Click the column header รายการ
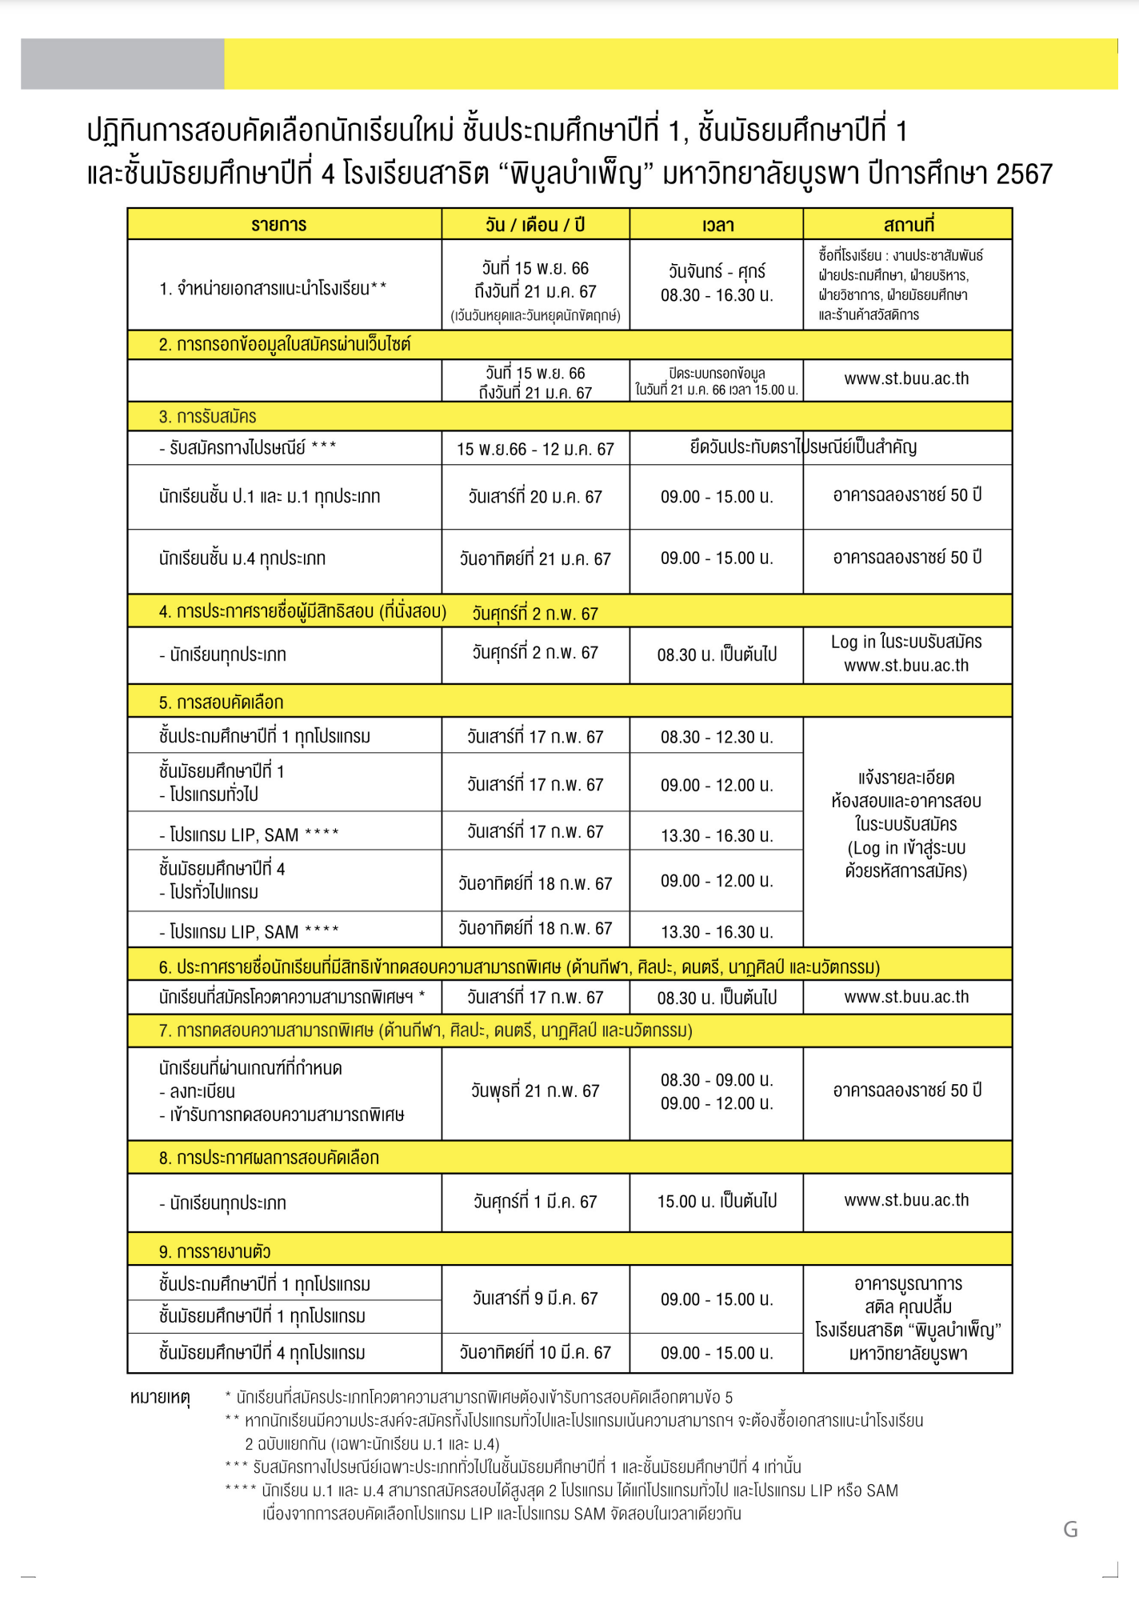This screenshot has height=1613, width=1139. [x=278, y=225]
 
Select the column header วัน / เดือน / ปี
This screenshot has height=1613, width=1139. [x=535, y=225]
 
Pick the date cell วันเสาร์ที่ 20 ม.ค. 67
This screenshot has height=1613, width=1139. [x=535, y=497]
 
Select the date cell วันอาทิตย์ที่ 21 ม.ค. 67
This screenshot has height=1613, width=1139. [x=535, y=558]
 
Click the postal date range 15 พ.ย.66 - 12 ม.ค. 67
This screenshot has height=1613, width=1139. [x=535, y=449]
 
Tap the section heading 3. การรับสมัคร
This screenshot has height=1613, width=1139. [x=208, y=417]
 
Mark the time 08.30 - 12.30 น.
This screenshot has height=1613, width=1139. [x=717, y=737]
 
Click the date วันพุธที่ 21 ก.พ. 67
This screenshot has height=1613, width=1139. [x=535, y=1091]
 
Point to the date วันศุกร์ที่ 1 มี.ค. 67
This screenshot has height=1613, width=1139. [x=535, y=1202]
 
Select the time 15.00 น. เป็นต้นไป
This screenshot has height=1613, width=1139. [x=717, y=1201]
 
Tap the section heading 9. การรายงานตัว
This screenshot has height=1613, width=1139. [x=215, y=1251]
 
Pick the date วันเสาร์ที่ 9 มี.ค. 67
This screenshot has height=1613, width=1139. [x=535, y=1299]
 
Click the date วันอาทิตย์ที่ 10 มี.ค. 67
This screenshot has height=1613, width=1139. [x=535, y=1353]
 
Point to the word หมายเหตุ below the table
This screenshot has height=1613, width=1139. [x=160, y=1398]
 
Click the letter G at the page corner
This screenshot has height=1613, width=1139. [x=1070, y=1530]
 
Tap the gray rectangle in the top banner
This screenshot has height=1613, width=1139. [x=122, y=64]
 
